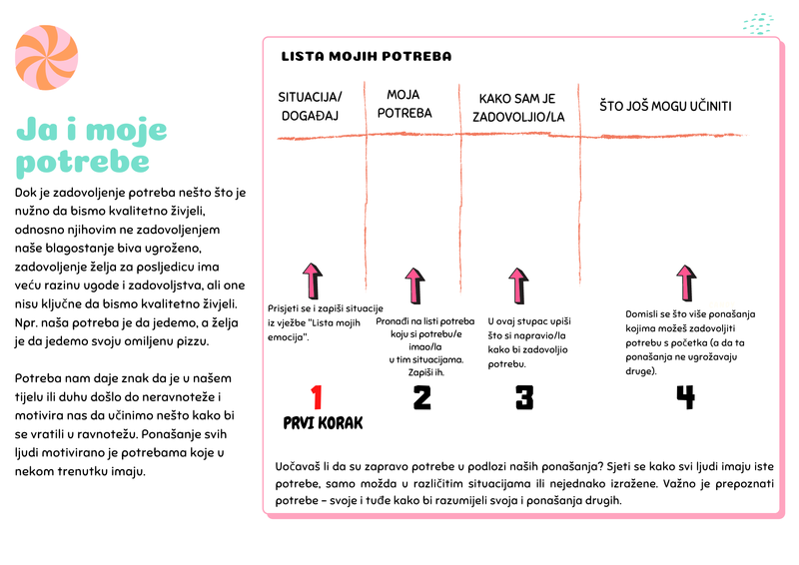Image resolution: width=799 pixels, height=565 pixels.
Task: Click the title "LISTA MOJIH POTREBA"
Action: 368,57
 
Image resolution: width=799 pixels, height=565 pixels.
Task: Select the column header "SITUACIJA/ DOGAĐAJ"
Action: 310,106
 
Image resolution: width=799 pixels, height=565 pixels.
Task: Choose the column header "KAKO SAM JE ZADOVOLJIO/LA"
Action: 517,108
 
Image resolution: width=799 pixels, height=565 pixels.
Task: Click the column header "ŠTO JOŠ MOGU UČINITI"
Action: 666,106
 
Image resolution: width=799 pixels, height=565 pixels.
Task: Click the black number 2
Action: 421,397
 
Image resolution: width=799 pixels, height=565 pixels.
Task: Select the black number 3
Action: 523,397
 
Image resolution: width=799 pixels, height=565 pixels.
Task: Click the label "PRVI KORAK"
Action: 324,423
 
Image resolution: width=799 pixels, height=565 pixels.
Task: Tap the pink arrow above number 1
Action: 313,283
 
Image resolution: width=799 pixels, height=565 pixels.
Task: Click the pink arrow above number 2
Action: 413,286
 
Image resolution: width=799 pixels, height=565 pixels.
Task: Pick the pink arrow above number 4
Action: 686,283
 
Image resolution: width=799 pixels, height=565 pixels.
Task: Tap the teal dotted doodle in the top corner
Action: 758,22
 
